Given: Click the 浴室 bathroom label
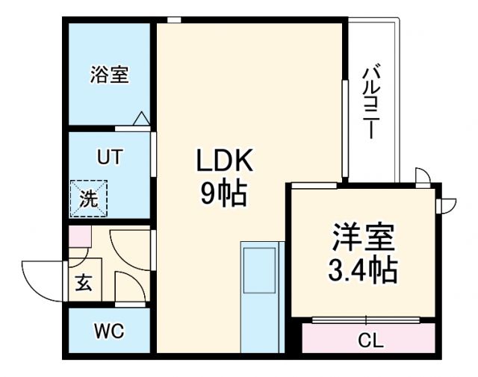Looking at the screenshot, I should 110,75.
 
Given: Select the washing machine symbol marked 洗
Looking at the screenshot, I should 88,199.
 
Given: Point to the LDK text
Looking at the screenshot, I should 226,161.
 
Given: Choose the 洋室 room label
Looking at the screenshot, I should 362,238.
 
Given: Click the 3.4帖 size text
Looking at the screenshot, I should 362,269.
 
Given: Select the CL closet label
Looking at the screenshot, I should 370,342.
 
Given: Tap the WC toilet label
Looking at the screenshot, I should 109,331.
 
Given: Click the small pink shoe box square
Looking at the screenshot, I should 79,237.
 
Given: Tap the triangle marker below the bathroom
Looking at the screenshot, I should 141,118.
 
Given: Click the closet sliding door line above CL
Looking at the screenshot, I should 370,320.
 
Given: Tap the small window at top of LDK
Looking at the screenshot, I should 174,19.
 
